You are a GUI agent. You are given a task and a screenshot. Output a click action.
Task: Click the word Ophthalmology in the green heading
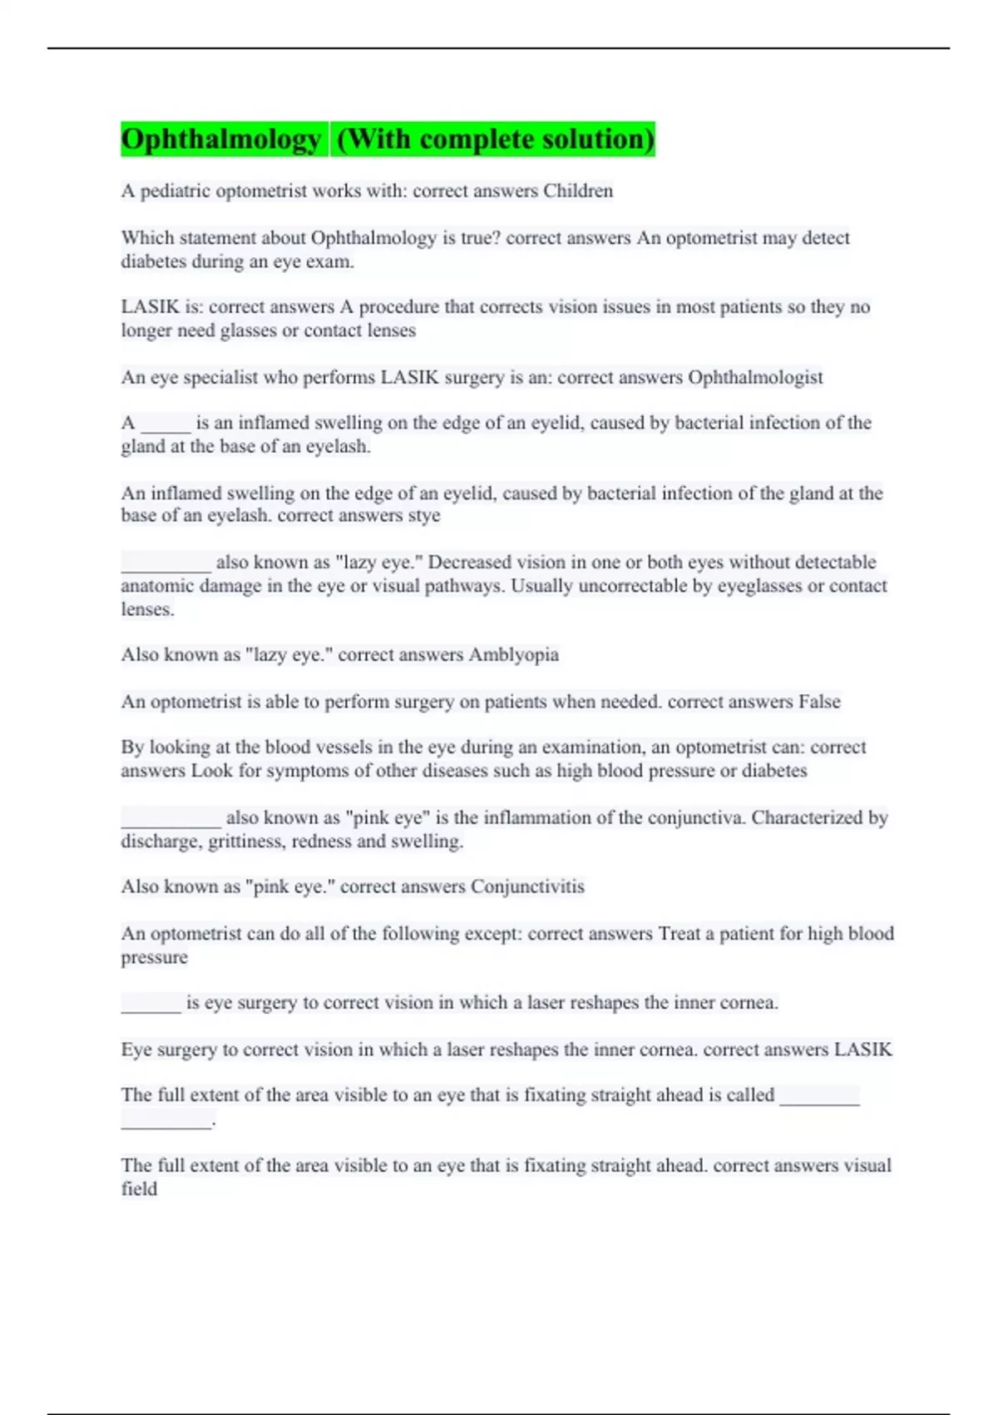(x=220, y=139)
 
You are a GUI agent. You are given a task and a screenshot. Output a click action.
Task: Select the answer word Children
(x=578, y=191)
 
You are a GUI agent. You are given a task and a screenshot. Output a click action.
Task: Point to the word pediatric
(x=175, y=191)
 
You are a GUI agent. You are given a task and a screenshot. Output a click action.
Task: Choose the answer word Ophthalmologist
(x=755, y=377)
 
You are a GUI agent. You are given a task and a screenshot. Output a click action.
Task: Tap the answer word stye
(x=424, y=516)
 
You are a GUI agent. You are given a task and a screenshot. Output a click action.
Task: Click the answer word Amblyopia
(x=513, y=655)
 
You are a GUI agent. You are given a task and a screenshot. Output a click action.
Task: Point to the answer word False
(x=819, y=702)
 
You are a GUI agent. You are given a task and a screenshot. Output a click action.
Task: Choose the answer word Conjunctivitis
(x=527, y=886)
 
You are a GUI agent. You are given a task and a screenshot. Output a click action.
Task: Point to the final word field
(x=139, y=1189)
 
